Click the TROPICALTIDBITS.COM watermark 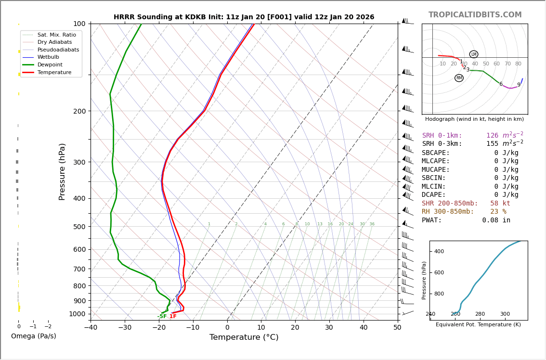tap(475, 15)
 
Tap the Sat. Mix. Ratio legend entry tap(56, 35)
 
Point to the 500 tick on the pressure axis tap(79, 227)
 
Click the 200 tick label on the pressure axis tap(79, 111)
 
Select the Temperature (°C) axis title tap(244, 338)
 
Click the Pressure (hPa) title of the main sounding tap(63, 171)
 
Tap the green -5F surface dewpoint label tap(162, 317)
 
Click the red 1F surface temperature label tap(173, 317)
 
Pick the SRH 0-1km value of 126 tap(492, 136)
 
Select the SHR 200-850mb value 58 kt tap(500, 204)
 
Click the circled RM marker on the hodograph tap(459, 78)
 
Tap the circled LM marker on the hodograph tap(474, 54)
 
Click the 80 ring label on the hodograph tap(518, 64)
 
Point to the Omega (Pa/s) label tap(34, 336)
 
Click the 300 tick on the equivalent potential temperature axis tap(505, 314)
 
